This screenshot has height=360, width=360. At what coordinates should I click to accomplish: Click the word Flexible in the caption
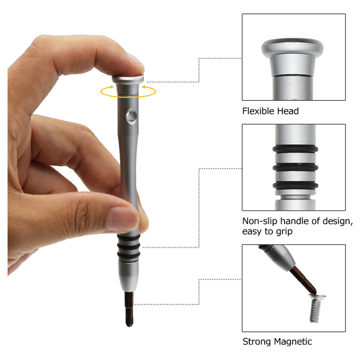[x=258, y=111]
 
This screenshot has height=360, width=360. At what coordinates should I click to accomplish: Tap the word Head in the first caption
[x=288, y=111]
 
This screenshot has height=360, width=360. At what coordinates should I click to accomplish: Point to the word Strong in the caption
[x=257, y=341]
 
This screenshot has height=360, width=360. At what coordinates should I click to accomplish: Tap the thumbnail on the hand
[x=121, y=219]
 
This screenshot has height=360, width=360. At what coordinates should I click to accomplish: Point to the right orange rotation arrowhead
[x=144, y=87]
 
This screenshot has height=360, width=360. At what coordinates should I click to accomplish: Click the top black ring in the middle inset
[x=295, y=149]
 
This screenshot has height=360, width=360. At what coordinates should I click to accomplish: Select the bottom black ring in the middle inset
[x=295, y=185]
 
